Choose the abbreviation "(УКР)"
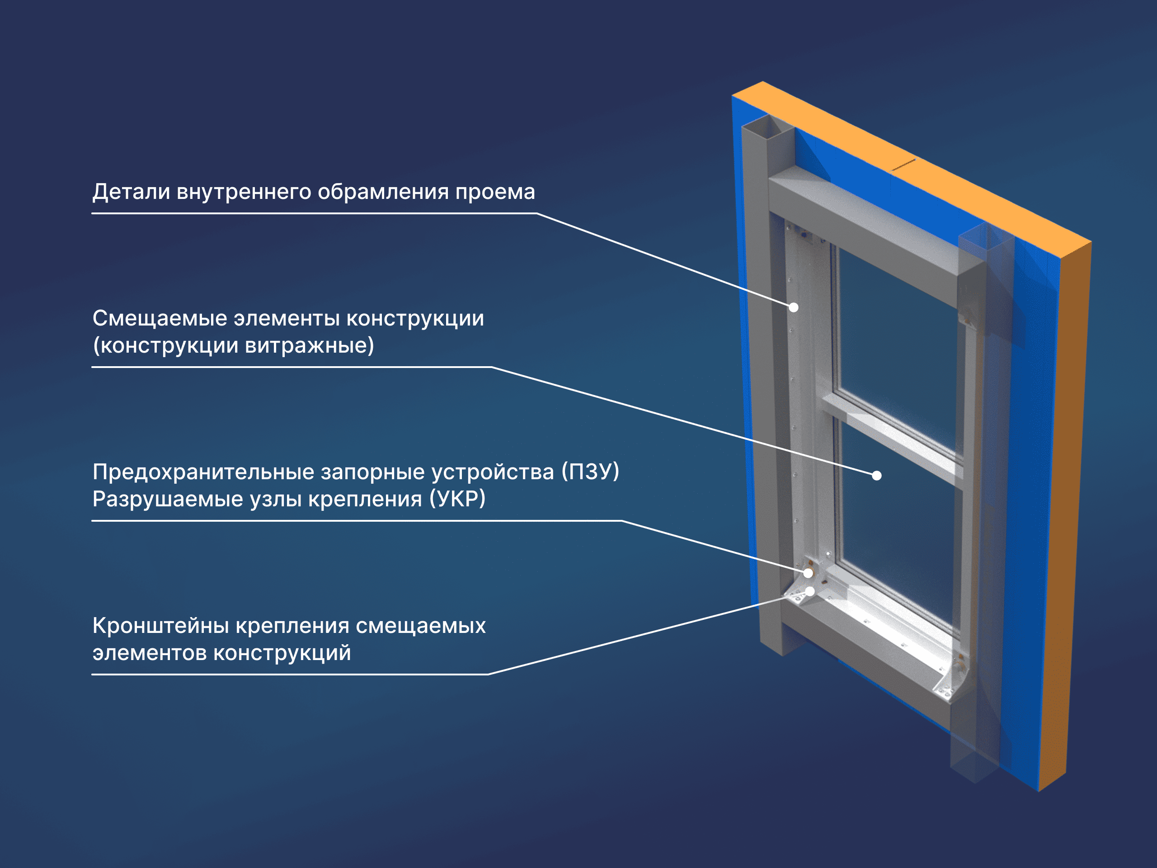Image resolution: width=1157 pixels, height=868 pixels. click(x=458, y=499)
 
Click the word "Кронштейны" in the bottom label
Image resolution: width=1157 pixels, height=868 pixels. click(x=160, y=626)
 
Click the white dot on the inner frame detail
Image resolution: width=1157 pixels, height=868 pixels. click(x=794, y=307)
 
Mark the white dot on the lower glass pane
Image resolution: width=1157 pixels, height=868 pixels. click(x=877, y=475)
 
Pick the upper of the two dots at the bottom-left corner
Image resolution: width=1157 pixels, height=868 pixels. click(x=808, y=573)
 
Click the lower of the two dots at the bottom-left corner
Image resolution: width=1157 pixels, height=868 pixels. click(x=810, y=591)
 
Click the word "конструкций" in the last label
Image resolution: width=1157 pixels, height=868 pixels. click(x=282, y=653)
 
